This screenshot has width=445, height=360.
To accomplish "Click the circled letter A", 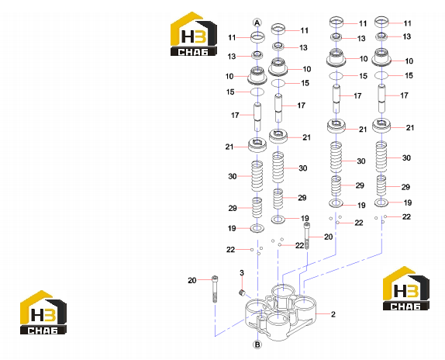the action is click(x=257, y=22).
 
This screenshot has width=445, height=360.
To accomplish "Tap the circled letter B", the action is click(x=257, y=344).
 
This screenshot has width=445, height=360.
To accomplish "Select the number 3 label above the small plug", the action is click(x=242, y=273).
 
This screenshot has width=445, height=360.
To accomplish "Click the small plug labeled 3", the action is click(x=242, y=293).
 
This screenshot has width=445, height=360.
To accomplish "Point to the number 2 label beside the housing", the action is click(x=333, y=314).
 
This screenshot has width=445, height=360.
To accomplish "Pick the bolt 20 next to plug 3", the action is click(x=215, y=289).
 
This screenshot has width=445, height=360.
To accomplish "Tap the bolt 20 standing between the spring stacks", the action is click(x=307, y=236).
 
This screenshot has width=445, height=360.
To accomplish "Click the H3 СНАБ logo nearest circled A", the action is click(x=194, y=34).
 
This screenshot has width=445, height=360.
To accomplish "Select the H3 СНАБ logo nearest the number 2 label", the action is click(x=405, y=289).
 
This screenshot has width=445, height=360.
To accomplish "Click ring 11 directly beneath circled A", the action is click(x=257, y=36).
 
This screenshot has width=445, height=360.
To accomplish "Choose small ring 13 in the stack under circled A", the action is click(x=257, y=54).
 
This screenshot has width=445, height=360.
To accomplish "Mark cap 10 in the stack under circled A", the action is click(x=257, y=75).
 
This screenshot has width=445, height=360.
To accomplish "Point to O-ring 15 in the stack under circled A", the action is click(x=257, y=92).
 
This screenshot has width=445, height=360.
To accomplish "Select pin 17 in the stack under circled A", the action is click(x=257, y=116).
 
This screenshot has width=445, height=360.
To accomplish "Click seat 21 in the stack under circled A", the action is click(x=257, y=145).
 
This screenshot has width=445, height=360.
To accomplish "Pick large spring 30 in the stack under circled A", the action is click(x=257, y=176).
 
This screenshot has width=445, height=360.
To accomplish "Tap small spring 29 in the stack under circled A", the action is click(x=257, y=207).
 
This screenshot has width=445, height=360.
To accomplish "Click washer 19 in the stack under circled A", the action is click(x=257, y=228).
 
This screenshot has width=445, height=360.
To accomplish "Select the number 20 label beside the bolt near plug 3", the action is click(x=192, y=281).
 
